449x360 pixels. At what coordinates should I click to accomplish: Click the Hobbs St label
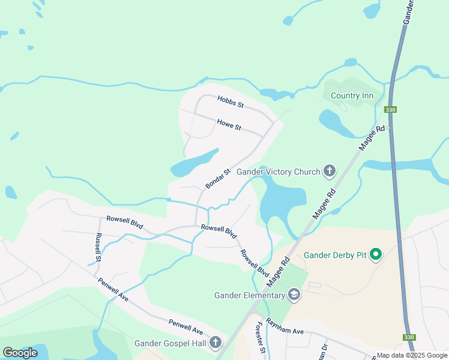[231, 103]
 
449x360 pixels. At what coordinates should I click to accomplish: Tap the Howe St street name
[229, 125]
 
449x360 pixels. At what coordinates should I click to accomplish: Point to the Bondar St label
[218, 179]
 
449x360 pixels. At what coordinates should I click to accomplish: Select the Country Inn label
[352, 96]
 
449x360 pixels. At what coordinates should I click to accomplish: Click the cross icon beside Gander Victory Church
[329, 172]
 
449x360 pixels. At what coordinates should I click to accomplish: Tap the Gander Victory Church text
[279, 172]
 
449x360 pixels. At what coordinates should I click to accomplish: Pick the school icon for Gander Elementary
[294, 294]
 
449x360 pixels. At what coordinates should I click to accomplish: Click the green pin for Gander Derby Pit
[376, 255]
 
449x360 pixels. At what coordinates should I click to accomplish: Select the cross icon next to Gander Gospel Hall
[215, 343]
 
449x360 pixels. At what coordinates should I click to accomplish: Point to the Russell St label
[98, 247]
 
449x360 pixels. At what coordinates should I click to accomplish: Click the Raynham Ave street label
[285, 326]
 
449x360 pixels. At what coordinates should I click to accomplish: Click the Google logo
[20, 352]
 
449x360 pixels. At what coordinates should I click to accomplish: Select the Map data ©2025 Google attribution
[412, 355]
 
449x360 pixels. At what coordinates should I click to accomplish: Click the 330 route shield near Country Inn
[390, 109]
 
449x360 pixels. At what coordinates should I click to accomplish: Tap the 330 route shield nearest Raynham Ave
[409, 337]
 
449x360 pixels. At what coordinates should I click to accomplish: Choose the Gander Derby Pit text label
[335, 256]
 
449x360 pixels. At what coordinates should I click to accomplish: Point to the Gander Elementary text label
[249, 295]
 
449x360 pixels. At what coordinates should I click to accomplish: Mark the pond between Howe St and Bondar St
[194, 163]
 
